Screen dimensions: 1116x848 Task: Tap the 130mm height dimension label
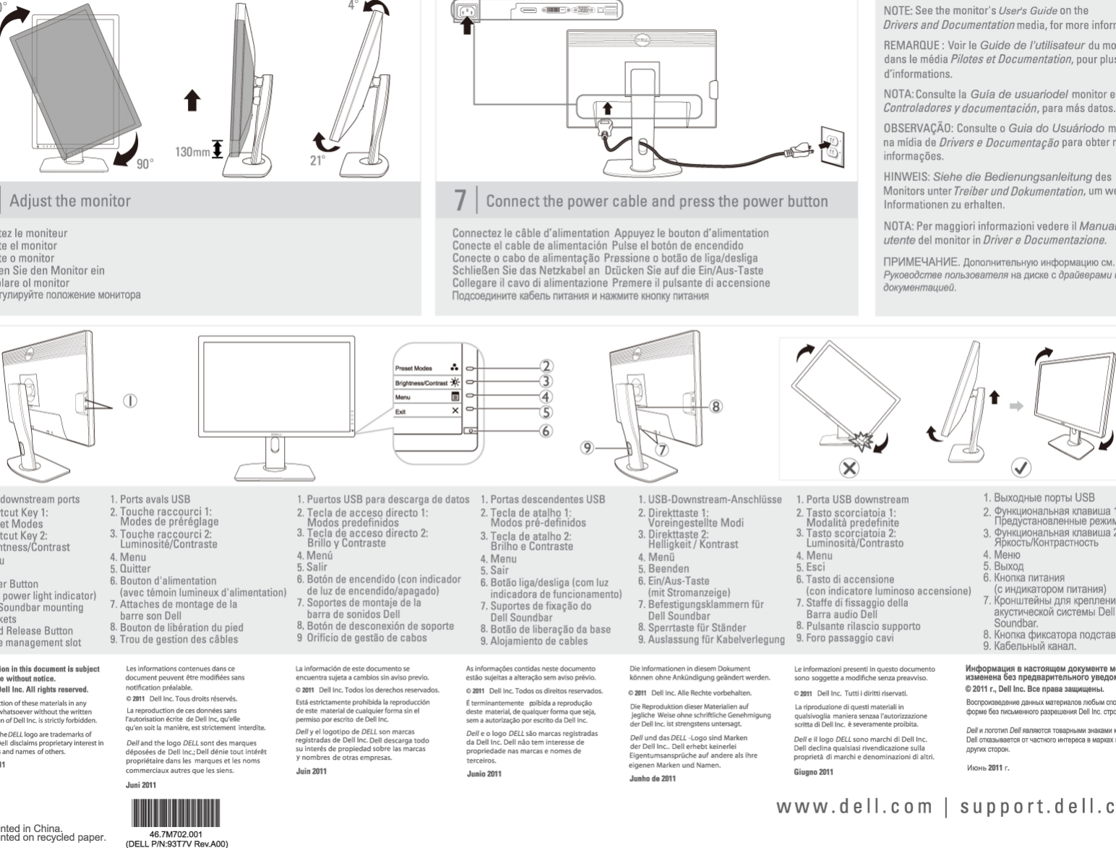pos(192,153)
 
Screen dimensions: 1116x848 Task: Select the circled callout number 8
pos(715,406)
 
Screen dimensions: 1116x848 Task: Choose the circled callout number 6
pos(546,431)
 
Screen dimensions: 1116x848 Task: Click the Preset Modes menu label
pos(413,368)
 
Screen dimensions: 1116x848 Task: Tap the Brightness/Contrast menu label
pos(421,382)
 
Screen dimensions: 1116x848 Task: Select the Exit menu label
pos(400,411)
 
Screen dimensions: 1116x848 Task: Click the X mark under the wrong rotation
pos(849,468)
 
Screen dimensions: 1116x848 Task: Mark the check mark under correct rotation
pos(1021,468)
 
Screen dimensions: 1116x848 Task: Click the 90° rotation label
pos(145,163)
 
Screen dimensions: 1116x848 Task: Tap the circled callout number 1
pos(130,400)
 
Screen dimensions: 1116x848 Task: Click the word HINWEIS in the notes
pos(906,176)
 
